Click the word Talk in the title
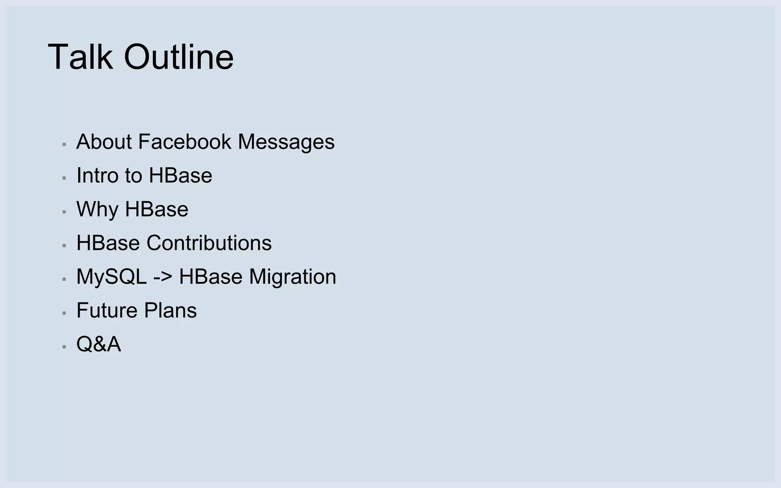pos(80,57)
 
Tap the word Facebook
pos(185,142)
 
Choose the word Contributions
pos(209,243)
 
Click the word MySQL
pos(111,277)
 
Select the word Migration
pos(292,277)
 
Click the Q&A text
pos(99,344)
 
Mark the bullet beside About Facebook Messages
pos(64,144)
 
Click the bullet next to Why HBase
pos(64,212)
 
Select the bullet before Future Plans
pos(64,313)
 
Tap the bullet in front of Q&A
pos(64,347)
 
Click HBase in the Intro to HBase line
pos(180,175)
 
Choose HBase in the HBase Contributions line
pos(108,243)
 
